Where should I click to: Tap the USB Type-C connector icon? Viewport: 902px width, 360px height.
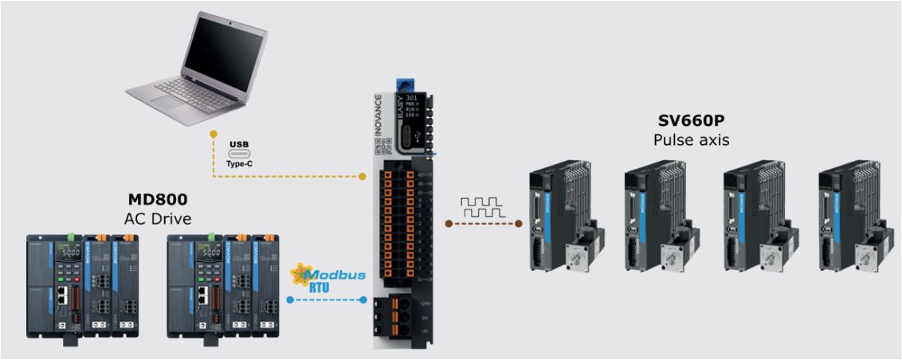click(x=239, y=152)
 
